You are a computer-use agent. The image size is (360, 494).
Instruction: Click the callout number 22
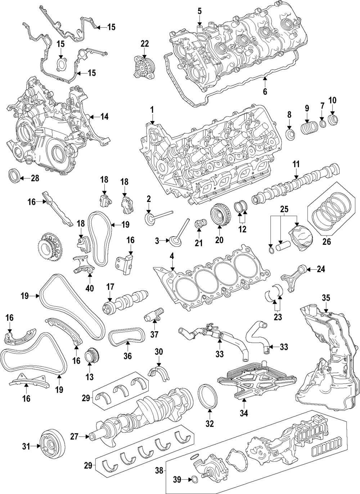coord(144,44)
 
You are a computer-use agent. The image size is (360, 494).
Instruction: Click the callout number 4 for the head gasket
coord(172,256)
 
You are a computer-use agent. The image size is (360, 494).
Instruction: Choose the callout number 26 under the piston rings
coord(326,242)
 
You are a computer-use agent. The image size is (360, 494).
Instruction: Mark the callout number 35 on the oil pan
coord(326,298)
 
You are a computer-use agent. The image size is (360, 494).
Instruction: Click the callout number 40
coord(89,288)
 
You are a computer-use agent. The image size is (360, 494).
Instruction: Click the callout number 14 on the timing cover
coord(104,117)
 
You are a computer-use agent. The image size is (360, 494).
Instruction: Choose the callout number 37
coord(154,334)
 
